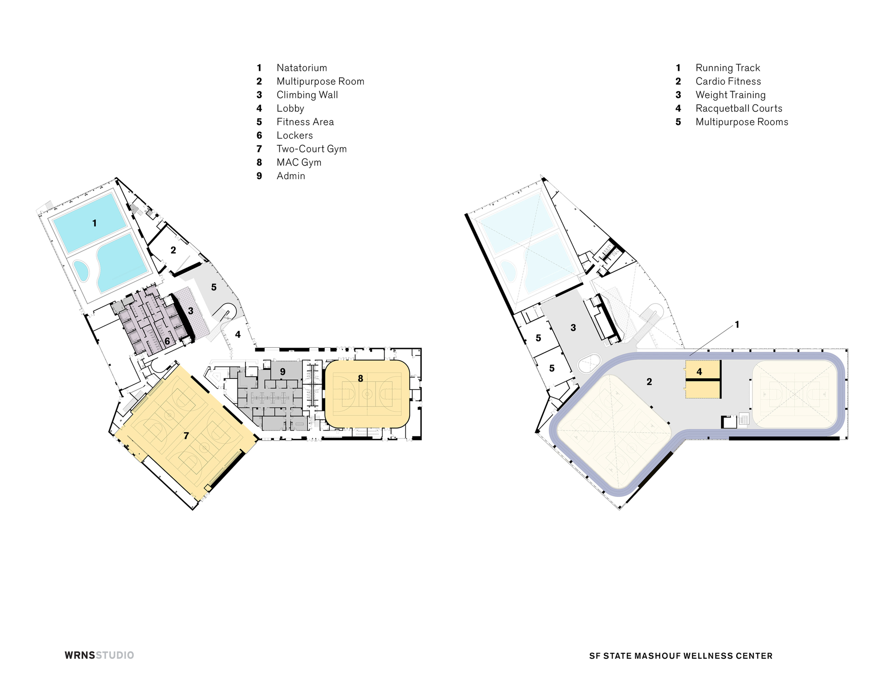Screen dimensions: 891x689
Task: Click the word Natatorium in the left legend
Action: point(302,68)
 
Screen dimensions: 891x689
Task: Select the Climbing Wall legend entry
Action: point(307,95)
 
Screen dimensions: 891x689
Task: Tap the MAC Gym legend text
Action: point(299,163)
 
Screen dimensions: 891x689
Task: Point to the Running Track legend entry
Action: point(728,68)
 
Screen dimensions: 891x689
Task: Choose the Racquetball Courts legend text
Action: point(739,108)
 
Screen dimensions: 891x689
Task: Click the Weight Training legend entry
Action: point(731,95)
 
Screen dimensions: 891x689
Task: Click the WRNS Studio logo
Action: point(99,655)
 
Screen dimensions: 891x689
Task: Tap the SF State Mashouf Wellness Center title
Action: point(681,656)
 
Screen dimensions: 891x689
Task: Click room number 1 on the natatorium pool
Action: point(94,223)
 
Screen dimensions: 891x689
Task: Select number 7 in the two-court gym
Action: point(186,436)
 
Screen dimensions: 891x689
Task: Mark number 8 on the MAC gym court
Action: point(360,378)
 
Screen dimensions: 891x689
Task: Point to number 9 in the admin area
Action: point(282,371)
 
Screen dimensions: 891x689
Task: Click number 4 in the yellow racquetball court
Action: point(699,371)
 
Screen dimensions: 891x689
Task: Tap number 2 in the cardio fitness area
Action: point(649,381)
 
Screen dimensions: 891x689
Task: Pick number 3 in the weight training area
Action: point(573,328)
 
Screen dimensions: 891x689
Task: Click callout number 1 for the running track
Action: point(737,325)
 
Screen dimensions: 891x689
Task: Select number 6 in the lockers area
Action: point(167,341)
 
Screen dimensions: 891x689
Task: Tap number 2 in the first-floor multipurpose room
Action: point(173,250)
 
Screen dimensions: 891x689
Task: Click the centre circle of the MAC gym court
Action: point(367,394)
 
